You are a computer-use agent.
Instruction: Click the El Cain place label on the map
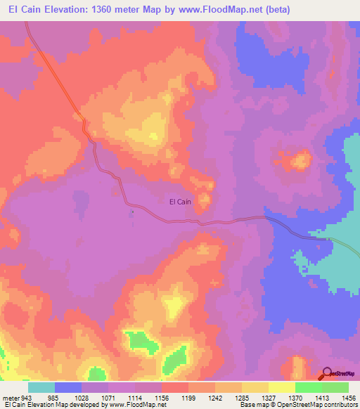[180, 202]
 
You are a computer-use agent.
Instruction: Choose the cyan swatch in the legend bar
[41, 387]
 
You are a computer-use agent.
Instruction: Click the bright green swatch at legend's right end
[335, 387]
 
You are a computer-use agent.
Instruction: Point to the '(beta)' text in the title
[271, 9]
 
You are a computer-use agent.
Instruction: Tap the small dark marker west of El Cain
[131, 210]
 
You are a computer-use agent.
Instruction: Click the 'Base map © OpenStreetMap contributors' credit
[297, 405]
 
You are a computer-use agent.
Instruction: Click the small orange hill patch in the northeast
[300, 162]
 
